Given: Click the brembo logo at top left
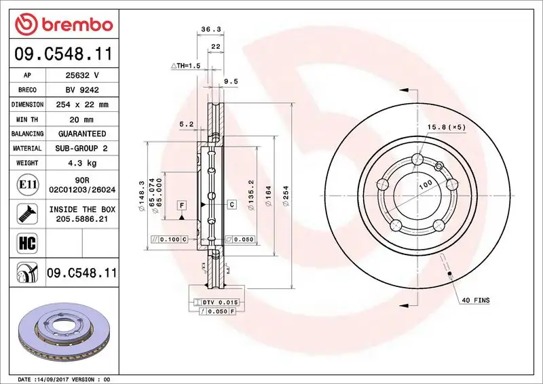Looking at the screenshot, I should click(64, 24).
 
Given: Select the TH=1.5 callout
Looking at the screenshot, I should click(185, 66).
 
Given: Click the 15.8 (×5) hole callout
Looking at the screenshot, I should click(446, 127).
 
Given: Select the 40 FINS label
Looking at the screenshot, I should click(475, 299).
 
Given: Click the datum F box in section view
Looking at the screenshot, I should click(182, 204).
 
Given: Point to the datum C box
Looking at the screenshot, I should click(231, 204).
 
